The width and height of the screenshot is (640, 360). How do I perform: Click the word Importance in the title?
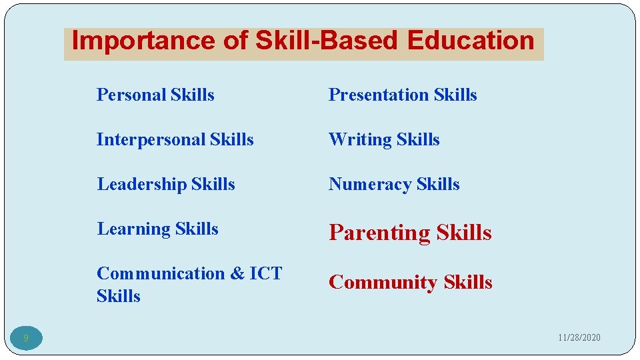pyautogui.click(x=143, y=41)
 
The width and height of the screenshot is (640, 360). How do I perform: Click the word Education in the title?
pyautogui.click(x=471, y=41)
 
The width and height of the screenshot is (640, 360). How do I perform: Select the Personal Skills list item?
pyautogui.click(x=155, y=95)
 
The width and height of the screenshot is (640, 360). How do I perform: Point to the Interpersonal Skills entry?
pyautogui.click(x=175, y=140)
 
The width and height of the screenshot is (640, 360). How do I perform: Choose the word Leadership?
pyautogui.click(x=141, y=185)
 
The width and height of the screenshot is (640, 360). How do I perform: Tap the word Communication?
pyautogui.click(x=161, y=273)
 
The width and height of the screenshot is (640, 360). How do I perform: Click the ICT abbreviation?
pyautogui.click(x=265, y=273)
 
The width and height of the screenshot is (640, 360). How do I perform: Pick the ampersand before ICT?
pyautogui.click(x=237, y=274)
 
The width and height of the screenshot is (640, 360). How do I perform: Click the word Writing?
pyautogui.click(x=360, y=140)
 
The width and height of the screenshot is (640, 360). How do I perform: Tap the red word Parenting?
pyautogui.click(x=379, y=233)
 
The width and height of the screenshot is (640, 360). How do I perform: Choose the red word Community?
pyautogui.click(x=383, y=283)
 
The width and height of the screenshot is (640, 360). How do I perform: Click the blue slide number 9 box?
pyautogui.click(x=26, y=339)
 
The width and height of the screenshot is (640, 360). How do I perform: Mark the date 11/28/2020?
pyautogui.click(x=579, y=338)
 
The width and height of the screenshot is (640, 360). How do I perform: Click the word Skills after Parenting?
pyautogui.click(x=464, y=233)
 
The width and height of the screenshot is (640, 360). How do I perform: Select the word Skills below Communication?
pyautogui.click(x=118, y=296)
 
